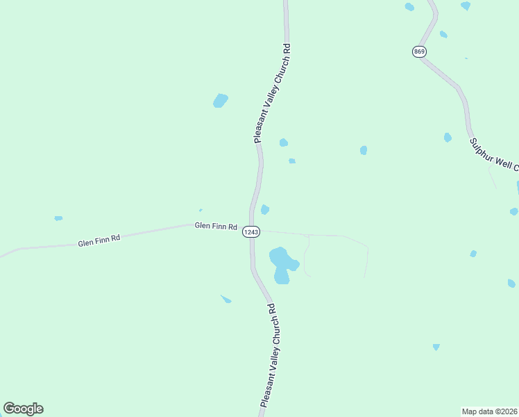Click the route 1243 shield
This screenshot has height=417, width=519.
pos(251,232)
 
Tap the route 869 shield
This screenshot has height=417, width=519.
pos(418,52)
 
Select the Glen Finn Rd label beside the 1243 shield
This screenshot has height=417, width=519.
pos(216,226)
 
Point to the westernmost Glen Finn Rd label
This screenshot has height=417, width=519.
pos(99,240)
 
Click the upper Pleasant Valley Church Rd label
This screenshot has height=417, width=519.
pos(271,92)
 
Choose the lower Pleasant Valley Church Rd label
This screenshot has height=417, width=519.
pos(268,354)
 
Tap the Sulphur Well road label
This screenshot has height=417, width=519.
pos(493,154)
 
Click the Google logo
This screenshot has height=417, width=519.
pos(24,409)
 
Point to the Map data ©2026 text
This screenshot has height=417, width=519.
pos(489,411)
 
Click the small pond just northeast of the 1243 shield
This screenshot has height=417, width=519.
pos(264,210)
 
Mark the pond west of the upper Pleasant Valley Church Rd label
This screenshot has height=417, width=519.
pos(221,101)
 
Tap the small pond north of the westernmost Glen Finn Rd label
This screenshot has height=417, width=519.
pos(58,218)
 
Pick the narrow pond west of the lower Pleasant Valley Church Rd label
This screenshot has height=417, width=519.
pos(226,300)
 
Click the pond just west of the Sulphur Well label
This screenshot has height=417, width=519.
pos(448,138)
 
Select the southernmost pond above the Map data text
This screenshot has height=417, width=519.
pos(436,346)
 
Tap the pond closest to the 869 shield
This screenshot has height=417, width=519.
pos(443,34)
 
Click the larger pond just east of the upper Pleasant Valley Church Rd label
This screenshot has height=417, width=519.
pos(283,142)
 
